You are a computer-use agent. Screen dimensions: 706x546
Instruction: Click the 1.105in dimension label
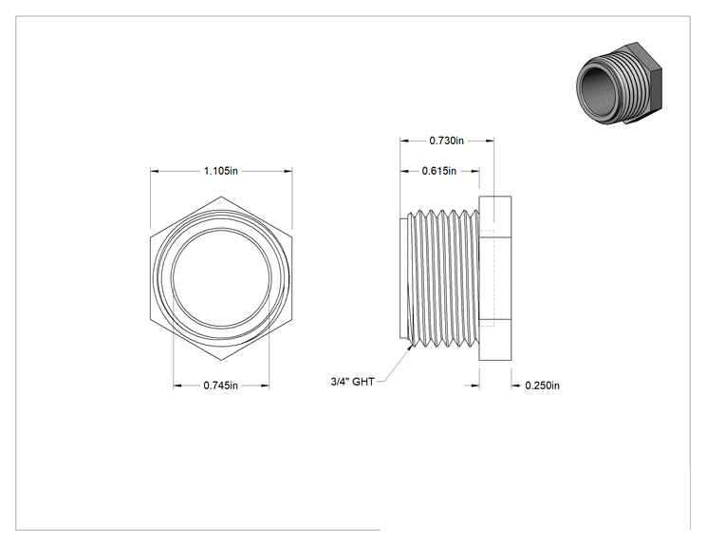coord(220,171)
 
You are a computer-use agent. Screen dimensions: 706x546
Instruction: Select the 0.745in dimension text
coord(220,386)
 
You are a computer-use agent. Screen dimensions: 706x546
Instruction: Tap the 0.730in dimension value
coord(446,141)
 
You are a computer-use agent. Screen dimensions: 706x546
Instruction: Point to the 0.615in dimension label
coord(439,171)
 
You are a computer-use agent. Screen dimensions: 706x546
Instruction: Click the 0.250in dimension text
coord(542,386)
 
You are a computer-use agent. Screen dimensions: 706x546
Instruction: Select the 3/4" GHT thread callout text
coord(352,382)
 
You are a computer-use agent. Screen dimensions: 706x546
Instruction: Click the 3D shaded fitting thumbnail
coord(619,84)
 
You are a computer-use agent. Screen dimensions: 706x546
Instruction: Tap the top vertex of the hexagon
coord(221,197)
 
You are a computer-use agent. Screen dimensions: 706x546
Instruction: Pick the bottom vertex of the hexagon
coord(221,361)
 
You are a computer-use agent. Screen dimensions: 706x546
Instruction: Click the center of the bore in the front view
coord(221,278)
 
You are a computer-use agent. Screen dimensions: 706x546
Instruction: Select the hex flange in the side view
coord(494,278)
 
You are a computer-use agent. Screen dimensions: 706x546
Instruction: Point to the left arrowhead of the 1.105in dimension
coord(154,171)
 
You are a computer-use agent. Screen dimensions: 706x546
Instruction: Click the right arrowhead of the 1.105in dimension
coord(288,171)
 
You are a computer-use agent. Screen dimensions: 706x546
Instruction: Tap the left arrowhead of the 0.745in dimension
coord(177,386)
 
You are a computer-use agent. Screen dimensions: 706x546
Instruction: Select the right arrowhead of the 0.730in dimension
coord(490,141)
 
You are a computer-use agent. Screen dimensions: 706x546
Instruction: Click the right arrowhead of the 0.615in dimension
coord(475,171)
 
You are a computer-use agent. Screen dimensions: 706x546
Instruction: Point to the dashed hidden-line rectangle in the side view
coord(494,278)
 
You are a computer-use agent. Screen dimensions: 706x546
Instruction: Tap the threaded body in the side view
coord(442,278)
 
